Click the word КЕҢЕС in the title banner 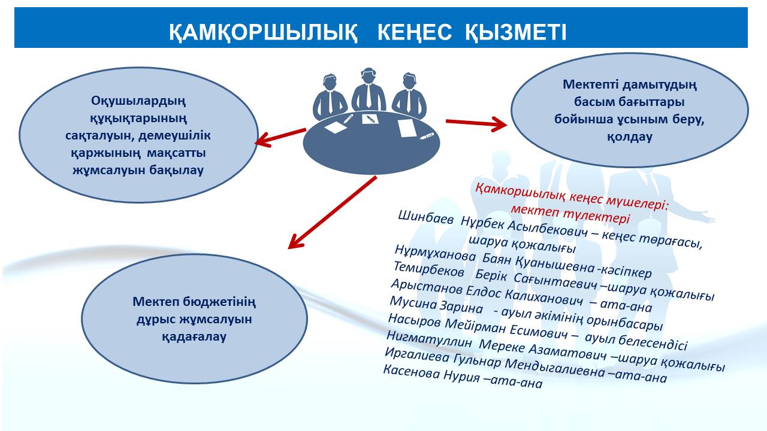(414, 32)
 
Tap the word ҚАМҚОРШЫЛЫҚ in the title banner (263, 33)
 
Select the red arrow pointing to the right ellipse (476, 123)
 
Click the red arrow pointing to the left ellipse (280, 138)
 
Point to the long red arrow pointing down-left (332, 212)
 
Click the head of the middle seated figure (368, 75)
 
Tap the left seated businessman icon (330, 97)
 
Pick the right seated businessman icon (409, 95)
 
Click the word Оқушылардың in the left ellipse (138, 101)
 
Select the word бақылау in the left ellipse (176, 171)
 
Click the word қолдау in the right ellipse (630, 137)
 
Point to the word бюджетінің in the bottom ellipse (219, 302)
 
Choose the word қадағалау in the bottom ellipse (194, 337)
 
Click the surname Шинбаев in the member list (425, 218)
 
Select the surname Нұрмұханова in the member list (435, 253)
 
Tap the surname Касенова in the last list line (411, 372)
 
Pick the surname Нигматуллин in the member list (429, 339)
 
